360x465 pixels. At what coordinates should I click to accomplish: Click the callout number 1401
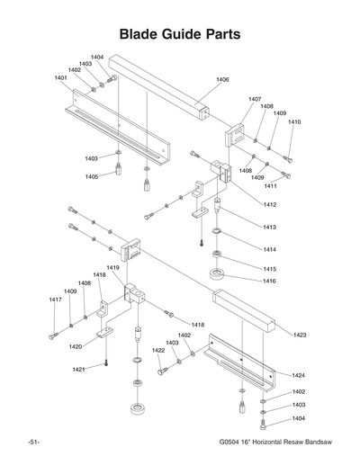click(x=61, y=78)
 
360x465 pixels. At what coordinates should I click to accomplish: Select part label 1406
click(x=222, y=80)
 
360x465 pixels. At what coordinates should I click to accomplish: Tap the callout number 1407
click(x=255, y=99)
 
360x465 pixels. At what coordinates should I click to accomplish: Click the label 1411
click(x=270, y=186)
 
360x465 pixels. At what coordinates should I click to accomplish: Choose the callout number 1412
click(x=270, y=205)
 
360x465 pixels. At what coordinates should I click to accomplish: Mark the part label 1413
click(x=270, y=227)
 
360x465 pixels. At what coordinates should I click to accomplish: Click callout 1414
click(x=270, y=249)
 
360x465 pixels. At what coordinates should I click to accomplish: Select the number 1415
click(x=270, y=269)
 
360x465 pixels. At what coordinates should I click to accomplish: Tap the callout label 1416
click(x=270, y=282)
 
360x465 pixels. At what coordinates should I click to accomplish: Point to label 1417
click(x=56, y=300)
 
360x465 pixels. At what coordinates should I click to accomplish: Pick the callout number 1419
click(x=112, y=268)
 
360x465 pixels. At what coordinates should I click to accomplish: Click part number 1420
click(x=76, y=346)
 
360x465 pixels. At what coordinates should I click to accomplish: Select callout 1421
click(x=79, y=370)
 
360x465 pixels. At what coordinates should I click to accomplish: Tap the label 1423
click(x=300, y=335)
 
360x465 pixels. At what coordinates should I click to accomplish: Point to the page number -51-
click(x=33, y=443)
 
